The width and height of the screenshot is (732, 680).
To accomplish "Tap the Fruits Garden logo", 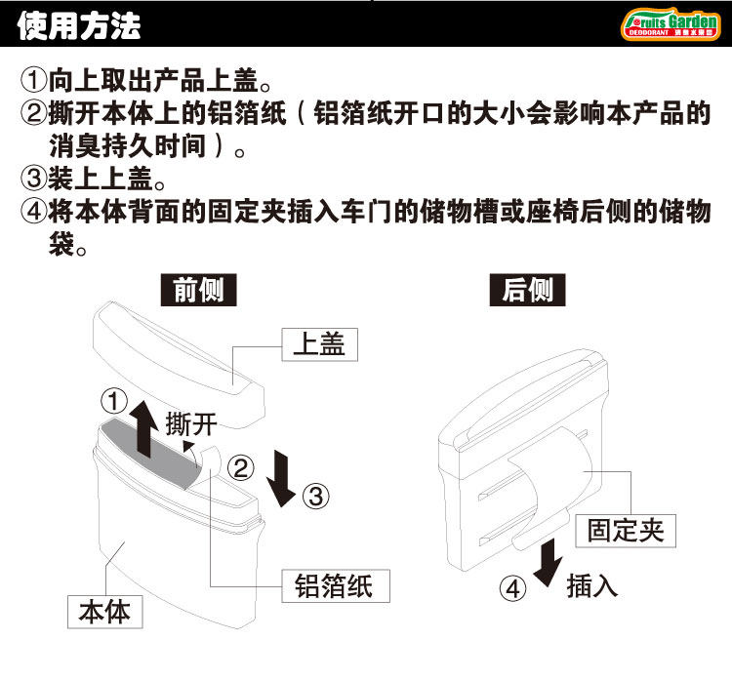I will click(671, 23).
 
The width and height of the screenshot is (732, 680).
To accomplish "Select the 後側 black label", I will click(528, 291).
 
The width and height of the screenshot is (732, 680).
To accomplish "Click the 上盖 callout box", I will click(318, 343).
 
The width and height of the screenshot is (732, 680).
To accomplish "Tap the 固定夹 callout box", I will click(626, 530).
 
